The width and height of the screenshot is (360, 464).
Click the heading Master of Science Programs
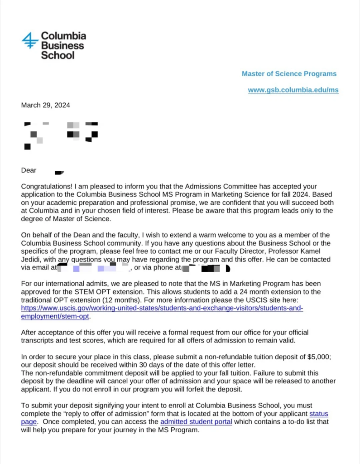tap(289, 73)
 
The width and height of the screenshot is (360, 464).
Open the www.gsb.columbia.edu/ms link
tap(293, 90)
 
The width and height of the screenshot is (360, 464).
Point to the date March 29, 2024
tap(46, 105)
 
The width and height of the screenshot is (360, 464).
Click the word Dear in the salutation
tap(29, 170)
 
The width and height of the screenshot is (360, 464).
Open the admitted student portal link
tap(196, 422)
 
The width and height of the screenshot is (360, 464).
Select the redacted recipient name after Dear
tap(59, 172)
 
